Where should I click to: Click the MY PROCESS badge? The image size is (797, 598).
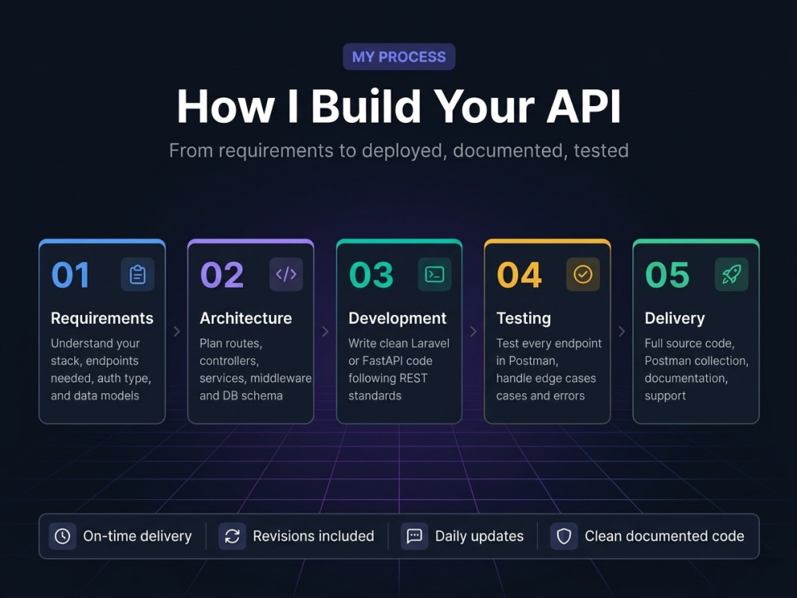[399, 57]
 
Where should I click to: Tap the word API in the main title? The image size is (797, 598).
[583, 106]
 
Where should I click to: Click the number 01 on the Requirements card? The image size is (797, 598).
[71, 274]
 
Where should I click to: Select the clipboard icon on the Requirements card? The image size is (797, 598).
[138, 274]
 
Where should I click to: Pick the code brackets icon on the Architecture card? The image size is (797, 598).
[286, 274]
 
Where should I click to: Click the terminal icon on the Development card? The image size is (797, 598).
[434, 274]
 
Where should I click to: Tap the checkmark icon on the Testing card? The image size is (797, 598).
[583, 274]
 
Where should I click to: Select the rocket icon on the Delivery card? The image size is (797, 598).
[732, 274]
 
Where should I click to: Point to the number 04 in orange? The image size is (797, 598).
[520, 274]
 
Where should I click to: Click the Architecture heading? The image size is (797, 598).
[246, 318]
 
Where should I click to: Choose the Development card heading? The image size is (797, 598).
[398, 318]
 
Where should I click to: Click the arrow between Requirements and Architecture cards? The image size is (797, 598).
[177, 332]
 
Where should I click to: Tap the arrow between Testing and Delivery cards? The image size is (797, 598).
[622, 332]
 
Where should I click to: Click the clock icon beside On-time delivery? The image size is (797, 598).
[62, 536]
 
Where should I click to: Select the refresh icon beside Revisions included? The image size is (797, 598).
[232, 536]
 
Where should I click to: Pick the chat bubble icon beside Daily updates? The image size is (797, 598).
[414, 536]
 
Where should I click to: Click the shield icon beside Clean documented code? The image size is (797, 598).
[563, 536]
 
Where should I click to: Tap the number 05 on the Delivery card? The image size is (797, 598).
[667, 274]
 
